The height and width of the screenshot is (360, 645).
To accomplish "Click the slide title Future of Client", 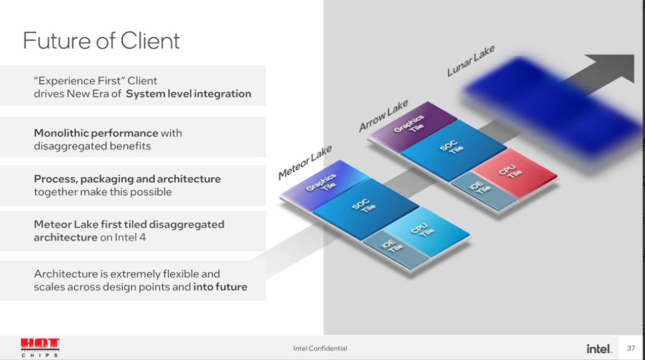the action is [x=101, y=40].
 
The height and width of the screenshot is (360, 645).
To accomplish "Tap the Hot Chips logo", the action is [x=40, y=348].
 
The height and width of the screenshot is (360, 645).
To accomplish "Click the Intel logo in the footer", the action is [x=599, y=348].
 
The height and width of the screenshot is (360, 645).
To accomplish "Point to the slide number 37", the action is [x=631, y=348].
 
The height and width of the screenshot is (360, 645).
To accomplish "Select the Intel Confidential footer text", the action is [x=320, y=348].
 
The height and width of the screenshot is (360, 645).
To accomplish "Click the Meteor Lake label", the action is [x=305, y=162].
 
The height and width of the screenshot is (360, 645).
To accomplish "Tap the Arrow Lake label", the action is [x=383, y=115].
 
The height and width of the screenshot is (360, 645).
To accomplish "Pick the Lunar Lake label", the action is [x=471, y=61].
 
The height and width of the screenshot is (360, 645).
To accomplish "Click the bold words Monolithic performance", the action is [x=96, y=133].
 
